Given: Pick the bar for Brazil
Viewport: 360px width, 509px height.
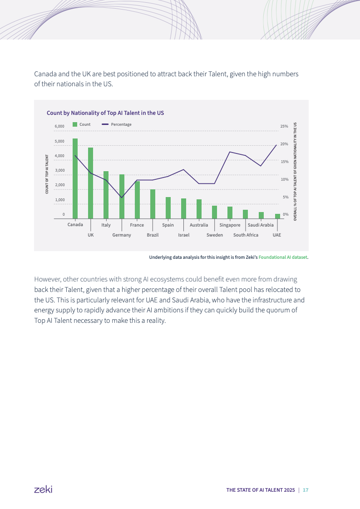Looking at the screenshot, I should pyautogui.click(x=153, y=204).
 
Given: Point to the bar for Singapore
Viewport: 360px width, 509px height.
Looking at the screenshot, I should pyautogui.click(x=230, y=212).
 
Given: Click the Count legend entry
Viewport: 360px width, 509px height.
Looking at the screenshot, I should pyautogui.click(x=82, y=124).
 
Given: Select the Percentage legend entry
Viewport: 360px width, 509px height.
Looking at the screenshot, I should pyautogui.click(x=117, y=124).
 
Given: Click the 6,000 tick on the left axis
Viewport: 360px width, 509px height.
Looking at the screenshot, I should pyautogui.click(x=59, y=126).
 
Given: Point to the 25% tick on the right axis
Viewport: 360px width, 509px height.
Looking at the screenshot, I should pyautogui.click(x=284, y=126).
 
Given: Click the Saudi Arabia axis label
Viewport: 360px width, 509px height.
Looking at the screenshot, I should pyautogui.click(x=261, y=225).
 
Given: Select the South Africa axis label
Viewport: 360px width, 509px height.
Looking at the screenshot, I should pyautogui.click(x=246, y=235).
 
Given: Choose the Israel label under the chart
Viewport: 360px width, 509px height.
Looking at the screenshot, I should pyautogui.click(x=184, y=235).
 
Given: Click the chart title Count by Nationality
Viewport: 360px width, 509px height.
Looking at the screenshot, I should pyautogui.click(x=105, y=112).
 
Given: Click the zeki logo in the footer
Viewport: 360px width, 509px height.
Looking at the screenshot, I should pyautogui.click(x=43, y=489).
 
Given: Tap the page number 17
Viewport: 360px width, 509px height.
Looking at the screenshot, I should pyautogui.click(x=306, y=490).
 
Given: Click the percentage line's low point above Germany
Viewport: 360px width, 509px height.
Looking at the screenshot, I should pyautogui.click(x=122, y=198).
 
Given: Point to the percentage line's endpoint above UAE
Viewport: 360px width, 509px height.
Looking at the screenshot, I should pyautogui.click(x=276, y=145).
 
